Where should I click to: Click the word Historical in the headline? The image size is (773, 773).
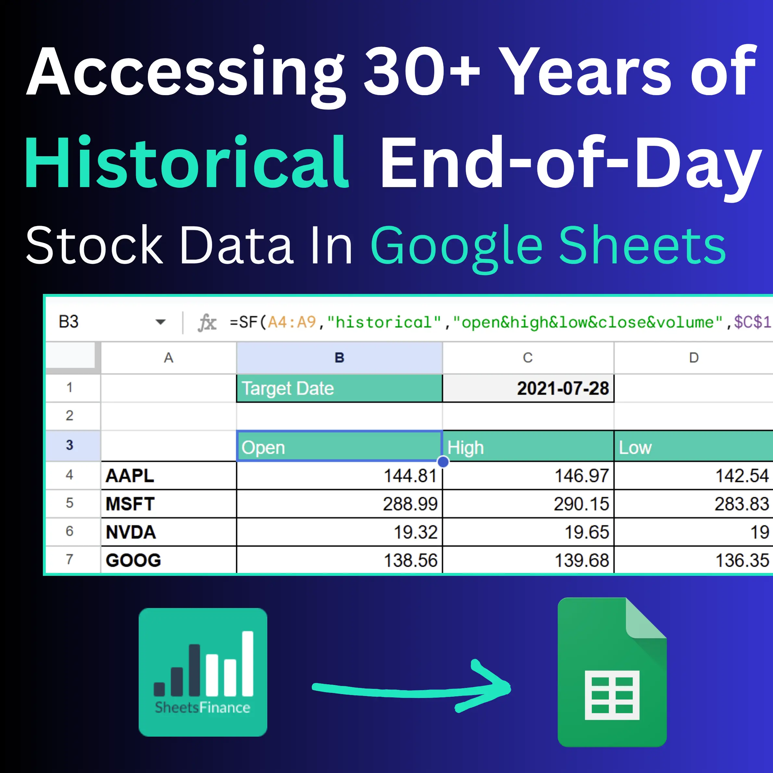[x=187, y=162]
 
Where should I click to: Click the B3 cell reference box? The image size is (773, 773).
[x=69, y=322]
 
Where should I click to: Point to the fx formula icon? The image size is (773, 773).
[x=207, y=323]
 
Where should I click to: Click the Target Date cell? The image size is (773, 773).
[x=339, y=388]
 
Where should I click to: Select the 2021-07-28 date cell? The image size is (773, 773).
[x=528, y=388]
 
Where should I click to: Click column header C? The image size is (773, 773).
[x=528, y=358]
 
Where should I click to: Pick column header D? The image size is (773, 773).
[x=694, y=358]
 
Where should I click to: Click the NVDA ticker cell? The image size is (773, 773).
[x=169, y=532]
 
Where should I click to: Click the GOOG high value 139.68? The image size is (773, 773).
[x=582, y=561]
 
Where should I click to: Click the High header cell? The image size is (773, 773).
[x=528, y=447]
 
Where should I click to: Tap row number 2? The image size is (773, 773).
[x=70, y=416]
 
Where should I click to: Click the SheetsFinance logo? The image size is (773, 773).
[x=203, y=672]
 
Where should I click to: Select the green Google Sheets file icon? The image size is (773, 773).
[x=612, y=672]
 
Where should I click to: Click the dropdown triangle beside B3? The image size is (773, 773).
[x=160, y=322]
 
